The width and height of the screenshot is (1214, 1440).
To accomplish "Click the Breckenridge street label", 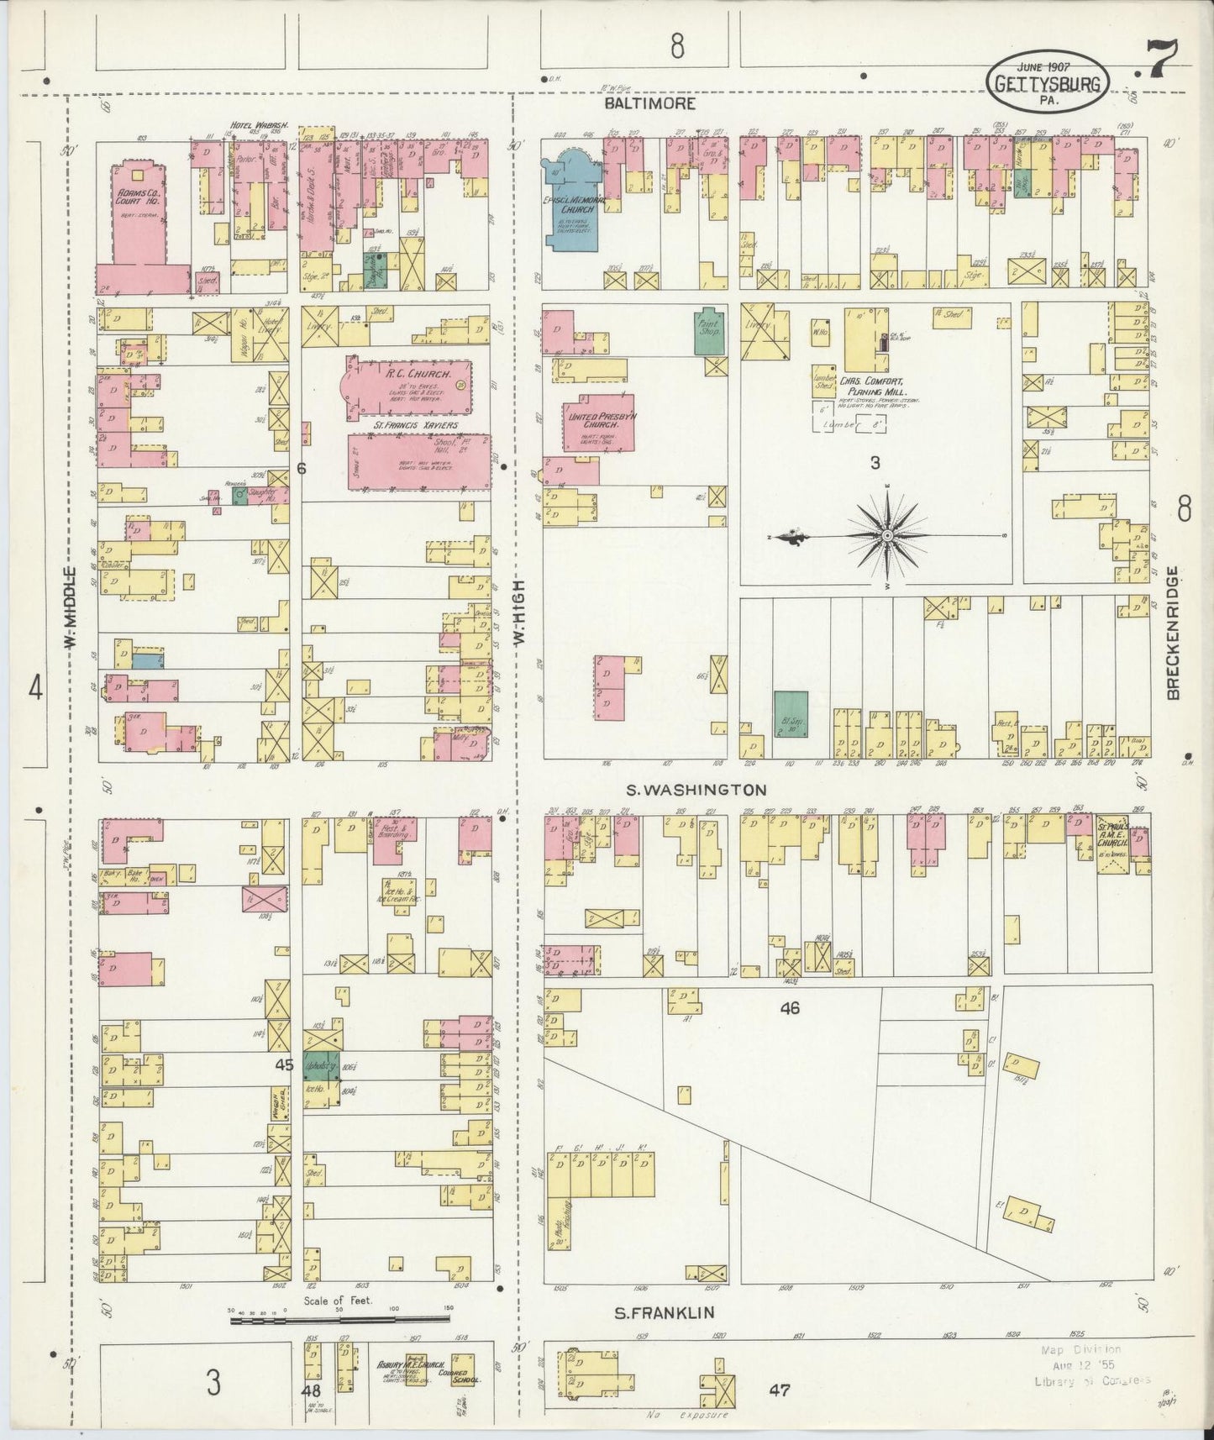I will tap(1174, 632).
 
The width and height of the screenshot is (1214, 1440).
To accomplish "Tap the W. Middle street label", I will tap(72, 608).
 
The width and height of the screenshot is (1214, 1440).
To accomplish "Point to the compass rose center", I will tap(888, 535).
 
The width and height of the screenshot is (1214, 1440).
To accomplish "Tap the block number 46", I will tap(789, 1008).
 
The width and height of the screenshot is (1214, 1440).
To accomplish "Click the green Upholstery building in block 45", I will tap(321, 1064).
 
